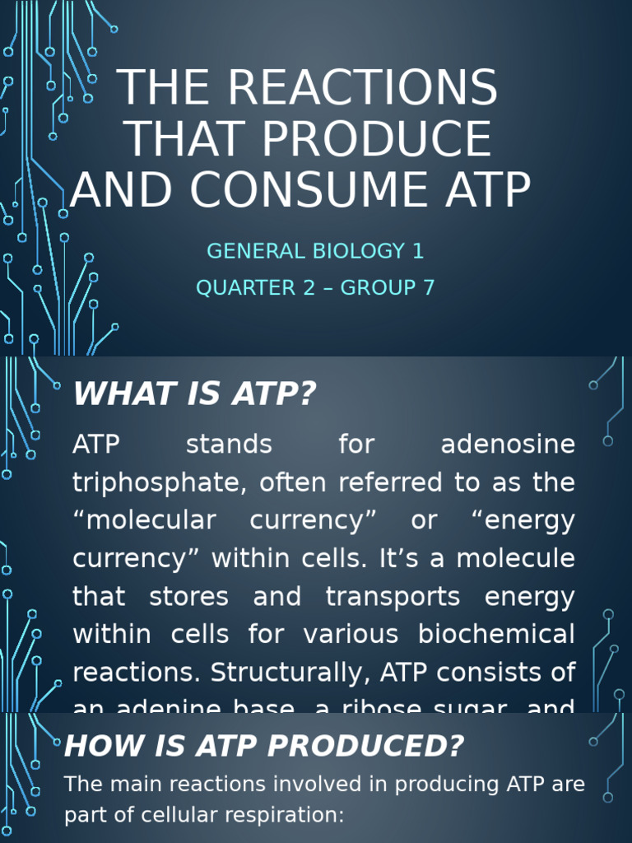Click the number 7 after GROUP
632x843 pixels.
click(428, 288)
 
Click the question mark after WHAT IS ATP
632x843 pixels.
click(306, 394)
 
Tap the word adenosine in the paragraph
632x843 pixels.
click(508, 445)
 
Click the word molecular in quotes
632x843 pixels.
click(151, 520)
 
